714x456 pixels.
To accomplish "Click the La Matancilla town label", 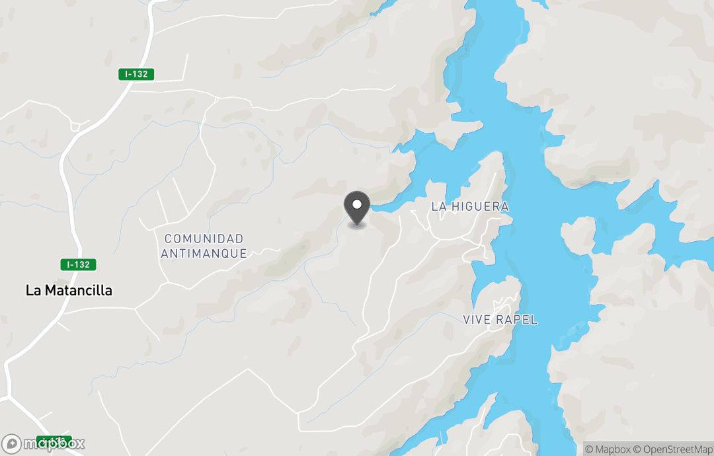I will pos(69,290).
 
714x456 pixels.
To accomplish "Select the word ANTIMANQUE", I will pos(204,253).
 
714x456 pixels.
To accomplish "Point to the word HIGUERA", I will pos(481,207).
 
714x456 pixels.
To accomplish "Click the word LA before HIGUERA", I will pos(439,207).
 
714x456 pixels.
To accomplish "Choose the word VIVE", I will pos(477,320).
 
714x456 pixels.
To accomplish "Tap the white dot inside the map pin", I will pos(358,204).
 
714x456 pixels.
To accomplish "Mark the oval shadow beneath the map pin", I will pos(358,225).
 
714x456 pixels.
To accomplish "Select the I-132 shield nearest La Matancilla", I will pos(78,264).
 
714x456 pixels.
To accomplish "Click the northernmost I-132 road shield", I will pos(136,75).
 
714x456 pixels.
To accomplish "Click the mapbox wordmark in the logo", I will pos(53,444).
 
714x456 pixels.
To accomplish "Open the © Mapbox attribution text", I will pos(608,449).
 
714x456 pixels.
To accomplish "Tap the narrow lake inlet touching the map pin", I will pos(387,206).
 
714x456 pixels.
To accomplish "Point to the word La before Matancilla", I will pos(34,290).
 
